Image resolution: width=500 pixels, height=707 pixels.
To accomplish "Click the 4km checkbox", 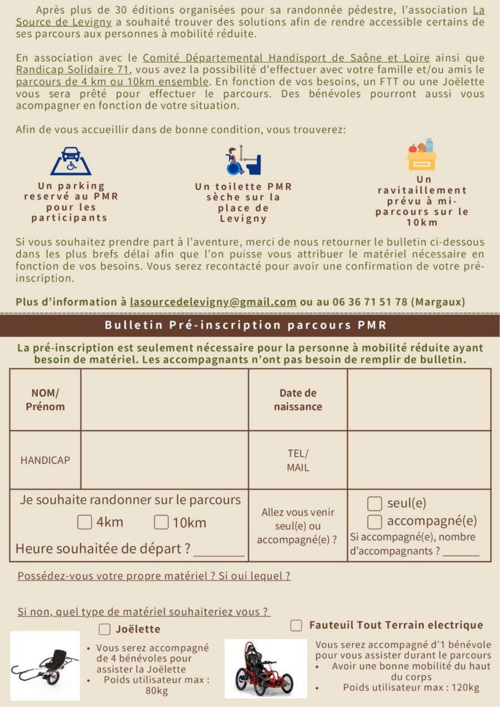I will click(x=84, y=522).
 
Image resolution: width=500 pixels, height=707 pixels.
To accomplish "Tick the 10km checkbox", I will click(x=161, y=522).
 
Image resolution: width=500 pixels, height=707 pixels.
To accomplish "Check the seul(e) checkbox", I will click(x=375, y=504).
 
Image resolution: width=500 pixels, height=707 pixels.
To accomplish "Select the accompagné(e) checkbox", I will click(x=375, y=522).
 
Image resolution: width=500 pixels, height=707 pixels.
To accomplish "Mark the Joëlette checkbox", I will click(x=104, y=629).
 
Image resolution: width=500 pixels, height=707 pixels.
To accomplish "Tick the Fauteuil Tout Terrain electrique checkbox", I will click(x=297, y=625).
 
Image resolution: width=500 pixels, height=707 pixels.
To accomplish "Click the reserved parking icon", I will click(x=71, y=161).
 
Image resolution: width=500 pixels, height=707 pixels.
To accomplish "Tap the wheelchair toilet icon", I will click(x=243, y=161).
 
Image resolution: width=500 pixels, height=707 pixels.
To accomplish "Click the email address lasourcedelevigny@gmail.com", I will click(x=213, y=302).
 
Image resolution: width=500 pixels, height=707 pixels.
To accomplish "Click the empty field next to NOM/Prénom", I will click(x=164, y=400).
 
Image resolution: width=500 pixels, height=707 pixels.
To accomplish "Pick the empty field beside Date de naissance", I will click(x=419, y=400).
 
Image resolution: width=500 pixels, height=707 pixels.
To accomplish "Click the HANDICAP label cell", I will click(x=45, y=460).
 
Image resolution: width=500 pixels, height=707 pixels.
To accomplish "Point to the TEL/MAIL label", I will click(x=298, y=460).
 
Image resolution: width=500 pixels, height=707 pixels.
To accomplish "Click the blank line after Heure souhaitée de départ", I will click(x=219, y=551).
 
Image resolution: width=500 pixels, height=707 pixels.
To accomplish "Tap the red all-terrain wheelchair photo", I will click(x=264, y=668).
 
